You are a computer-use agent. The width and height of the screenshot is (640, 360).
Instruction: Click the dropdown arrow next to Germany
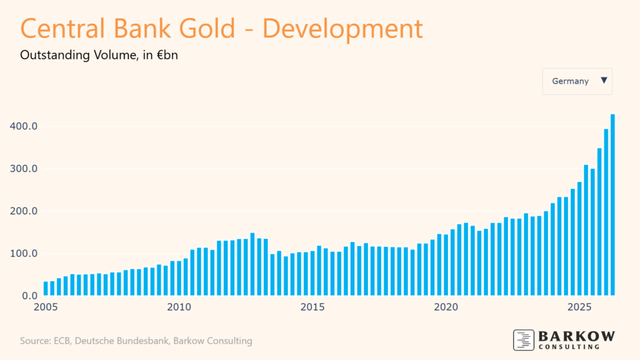click(x=603, y=81)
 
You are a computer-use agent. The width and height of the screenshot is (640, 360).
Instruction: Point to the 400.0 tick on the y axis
click(x=24, y=126)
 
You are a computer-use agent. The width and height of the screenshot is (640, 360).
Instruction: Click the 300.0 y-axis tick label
click(x=24, y=169)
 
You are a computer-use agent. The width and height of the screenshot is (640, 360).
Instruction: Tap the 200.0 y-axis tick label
click(x=24, y=211)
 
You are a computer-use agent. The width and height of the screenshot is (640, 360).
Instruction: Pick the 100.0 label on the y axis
click(x=24, y=254)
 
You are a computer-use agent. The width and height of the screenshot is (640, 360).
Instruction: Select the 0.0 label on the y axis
click(x=29, y=296)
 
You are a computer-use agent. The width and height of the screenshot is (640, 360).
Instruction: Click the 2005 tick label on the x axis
click(x=46, y=307)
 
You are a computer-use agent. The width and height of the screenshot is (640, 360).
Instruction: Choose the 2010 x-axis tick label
click(x=179, y=307)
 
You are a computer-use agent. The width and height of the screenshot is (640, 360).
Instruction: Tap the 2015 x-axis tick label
click(x=312, y=307)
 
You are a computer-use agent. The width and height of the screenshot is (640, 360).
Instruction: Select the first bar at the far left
click(x=46, y=288)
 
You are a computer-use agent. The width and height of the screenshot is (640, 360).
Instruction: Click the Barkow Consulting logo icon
click(x=523, y=339)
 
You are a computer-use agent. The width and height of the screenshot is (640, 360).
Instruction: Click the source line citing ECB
click(x=136, y=341)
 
